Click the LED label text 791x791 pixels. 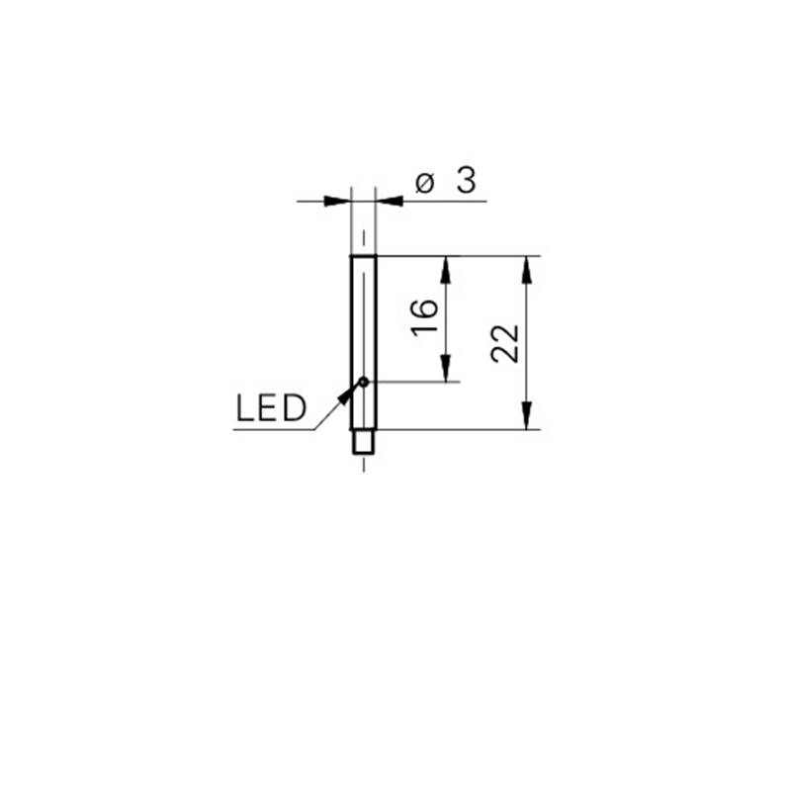click(271, 407)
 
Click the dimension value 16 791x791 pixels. click(424, 317)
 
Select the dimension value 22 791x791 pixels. click(505, 343)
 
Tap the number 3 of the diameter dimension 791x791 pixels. click(466, 181)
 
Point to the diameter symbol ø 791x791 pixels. click(425, 183)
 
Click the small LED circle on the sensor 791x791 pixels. click(363, 382)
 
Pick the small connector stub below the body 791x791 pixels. click(363, 441)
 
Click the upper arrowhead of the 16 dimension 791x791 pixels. click(445, 269)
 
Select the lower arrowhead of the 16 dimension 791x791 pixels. click(445, 368)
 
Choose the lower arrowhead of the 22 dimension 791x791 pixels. click(526, 416)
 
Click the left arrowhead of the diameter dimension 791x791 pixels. click(337, 202)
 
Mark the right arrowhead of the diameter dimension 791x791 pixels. click(390, 202)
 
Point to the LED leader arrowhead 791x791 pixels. click(345, 396)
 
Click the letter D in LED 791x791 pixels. click(295, 407)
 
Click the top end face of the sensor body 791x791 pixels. click(363, 256)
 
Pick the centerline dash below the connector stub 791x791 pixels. click(364, 465)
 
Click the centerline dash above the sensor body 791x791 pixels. click(363, 238)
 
